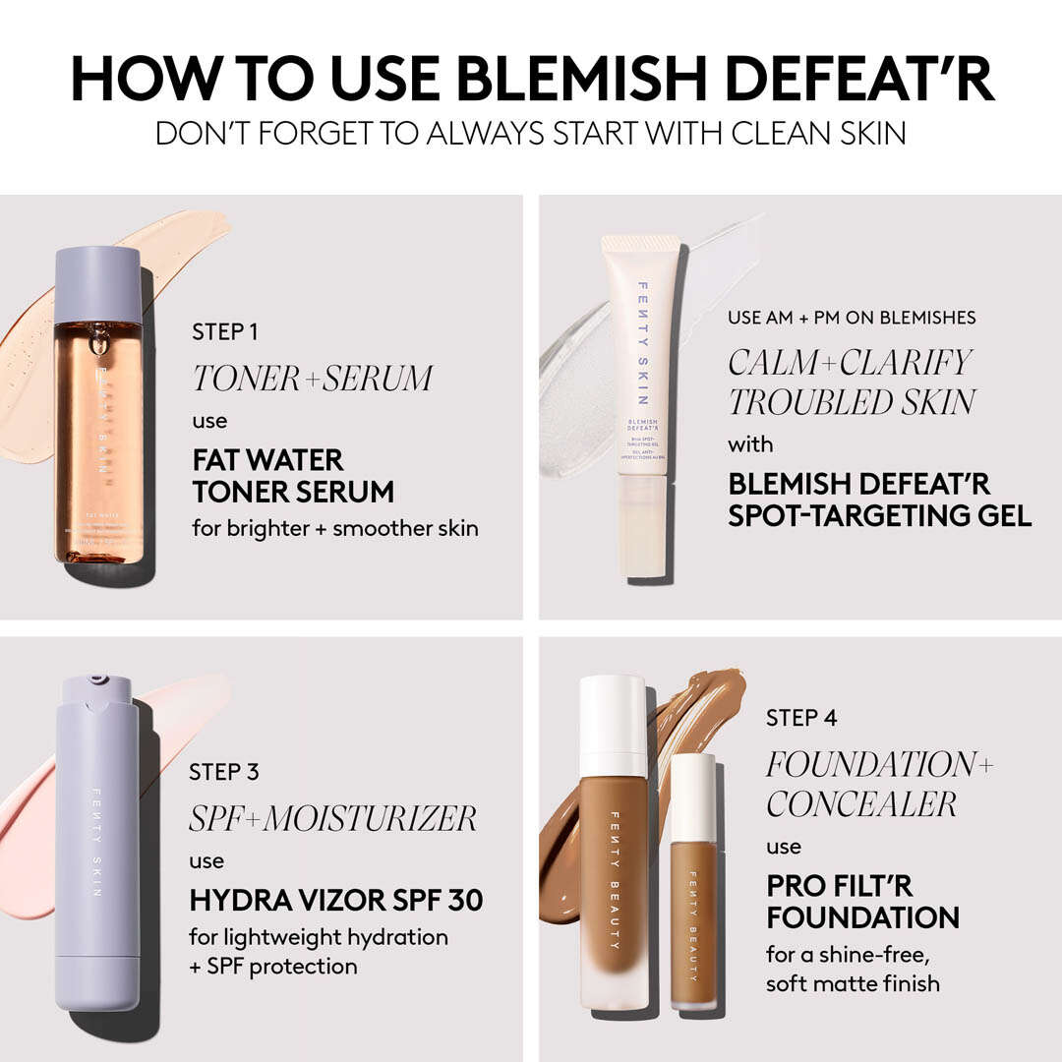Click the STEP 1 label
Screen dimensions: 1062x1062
pos(224,332)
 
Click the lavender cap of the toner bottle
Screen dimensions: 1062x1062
pos(97,283)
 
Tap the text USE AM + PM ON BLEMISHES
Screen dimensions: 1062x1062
pos(852,318)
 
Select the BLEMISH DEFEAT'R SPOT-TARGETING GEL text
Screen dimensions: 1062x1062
pos(879,500)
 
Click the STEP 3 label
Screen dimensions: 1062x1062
pos(224,773)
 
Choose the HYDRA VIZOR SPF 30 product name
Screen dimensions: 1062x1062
pos(336,900)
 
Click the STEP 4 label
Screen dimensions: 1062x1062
pos(801,718)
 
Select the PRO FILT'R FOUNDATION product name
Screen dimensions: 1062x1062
pos(862,902)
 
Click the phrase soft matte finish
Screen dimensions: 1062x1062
pos(853,983)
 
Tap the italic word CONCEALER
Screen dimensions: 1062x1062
pos(861,803)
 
